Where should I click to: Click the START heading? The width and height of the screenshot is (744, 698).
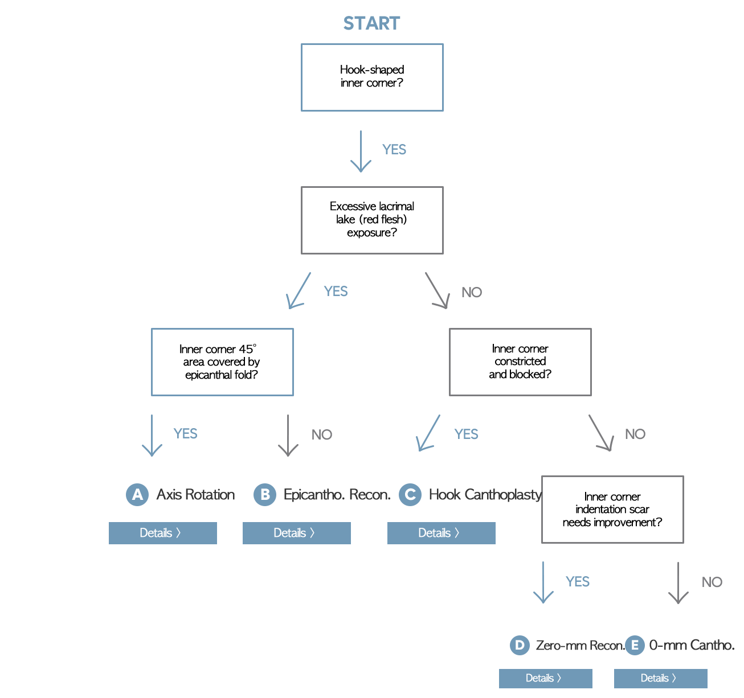[371, 23]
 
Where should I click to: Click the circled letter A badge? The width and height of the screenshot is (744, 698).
[137, 495]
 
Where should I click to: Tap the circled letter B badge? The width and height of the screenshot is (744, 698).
[265, 495]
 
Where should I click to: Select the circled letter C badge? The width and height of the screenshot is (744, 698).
[410, 495]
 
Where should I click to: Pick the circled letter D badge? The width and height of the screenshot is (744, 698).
[520, 645]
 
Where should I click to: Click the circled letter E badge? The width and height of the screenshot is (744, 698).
[635, 645]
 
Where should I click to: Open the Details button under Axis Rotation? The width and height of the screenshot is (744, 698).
[162, 533]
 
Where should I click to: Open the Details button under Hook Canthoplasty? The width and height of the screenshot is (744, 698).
[441, 533]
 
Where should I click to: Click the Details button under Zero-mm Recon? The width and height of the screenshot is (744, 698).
[545, 678]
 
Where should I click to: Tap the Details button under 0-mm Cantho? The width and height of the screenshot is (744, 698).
[660, 678]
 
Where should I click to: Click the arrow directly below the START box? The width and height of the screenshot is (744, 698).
[361, 151]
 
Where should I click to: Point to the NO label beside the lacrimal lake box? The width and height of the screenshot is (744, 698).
[472, 292]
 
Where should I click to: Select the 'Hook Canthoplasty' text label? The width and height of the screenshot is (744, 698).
[485, 495]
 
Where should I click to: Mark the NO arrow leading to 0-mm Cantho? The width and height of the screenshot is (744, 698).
[678, 582]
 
